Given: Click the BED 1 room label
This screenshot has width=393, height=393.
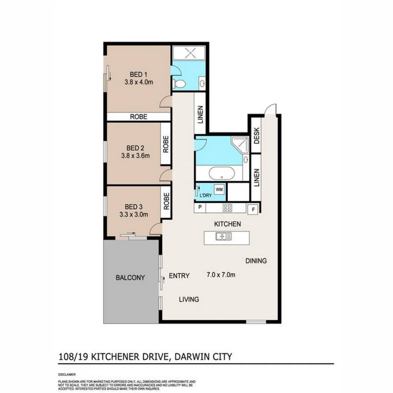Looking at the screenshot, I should [138, 75].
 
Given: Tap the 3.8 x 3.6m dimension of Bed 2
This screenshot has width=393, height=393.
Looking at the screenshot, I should [135, 155].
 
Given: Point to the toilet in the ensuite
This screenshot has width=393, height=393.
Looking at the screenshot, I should [179, 84].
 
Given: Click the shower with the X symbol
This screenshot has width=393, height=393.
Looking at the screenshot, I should [189, 53].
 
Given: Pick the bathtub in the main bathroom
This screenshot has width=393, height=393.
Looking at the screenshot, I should [222, 173].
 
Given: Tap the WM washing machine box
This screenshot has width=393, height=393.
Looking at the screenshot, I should [219, 189].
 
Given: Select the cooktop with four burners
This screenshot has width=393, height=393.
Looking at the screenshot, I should [228, 208].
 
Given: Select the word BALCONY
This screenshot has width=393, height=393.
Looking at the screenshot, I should [130, 278].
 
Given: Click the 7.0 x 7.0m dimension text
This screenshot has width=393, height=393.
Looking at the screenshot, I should [221, 275].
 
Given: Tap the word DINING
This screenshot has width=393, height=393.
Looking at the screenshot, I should [256, 261].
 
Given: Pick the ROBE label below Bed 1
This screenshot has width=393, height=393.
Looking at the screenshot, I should [139, 117].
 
